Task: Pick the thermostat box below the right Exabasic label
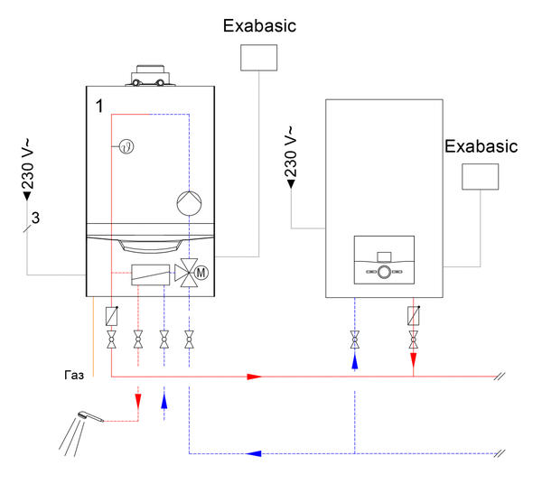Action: (481, 177)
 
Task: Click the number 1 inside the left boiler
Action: (100, 106)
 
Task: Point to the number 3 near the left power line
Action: (35, 218)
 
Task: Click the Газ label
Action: (74, 377)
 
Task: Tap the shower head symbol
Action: (84, 416)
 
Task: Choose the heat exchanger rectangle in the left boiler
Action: (150, 274)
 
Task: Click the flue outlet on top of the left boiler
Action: (151, 76)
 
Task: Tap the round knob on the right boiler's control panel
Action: (385, 272)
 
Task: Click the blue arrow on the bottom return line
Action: (257, 451)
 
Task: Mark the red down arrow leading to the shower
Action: (137, 397)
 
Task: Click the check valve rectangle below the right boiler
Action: (413, 316)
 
